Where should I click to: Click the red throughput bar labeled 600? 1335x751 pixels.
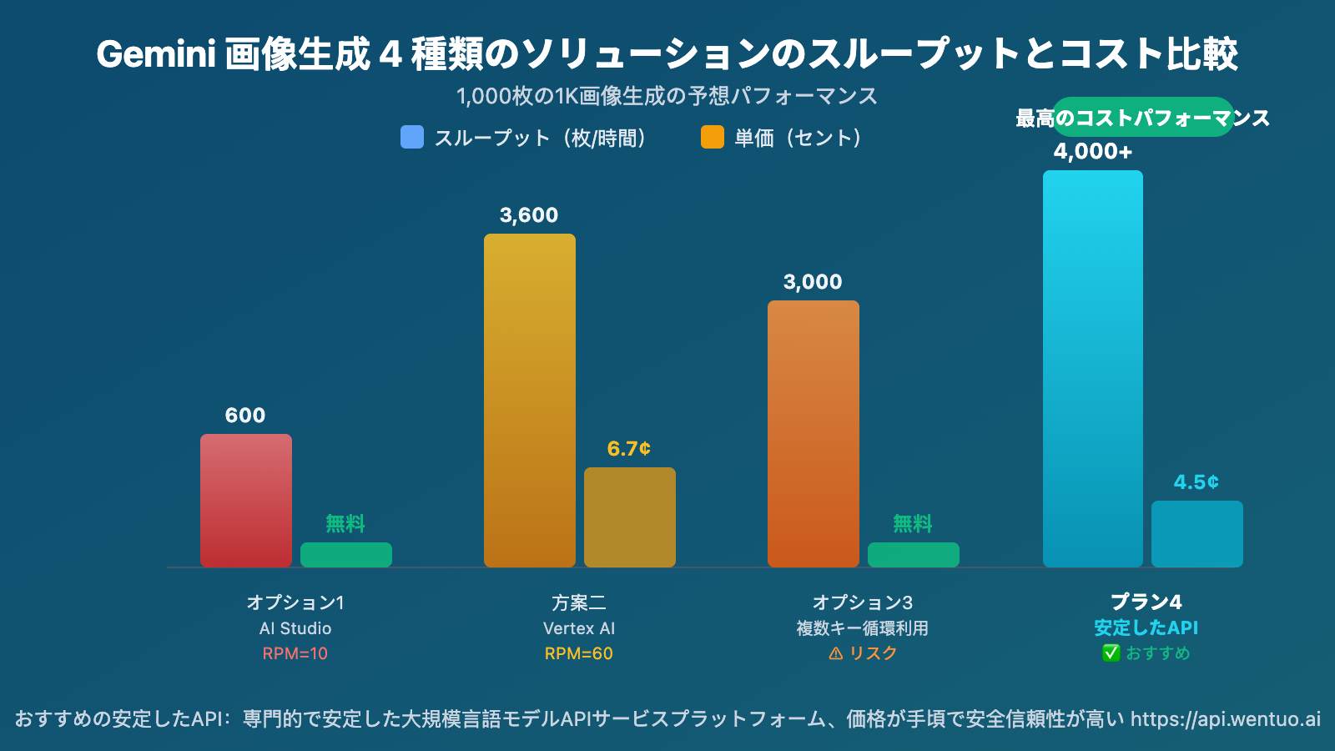click(246, 501)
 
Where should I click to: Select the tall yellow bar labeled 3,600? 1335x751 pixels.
click(530, 401)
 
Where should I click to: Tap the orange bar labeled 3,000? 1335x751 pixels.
click(814, 434)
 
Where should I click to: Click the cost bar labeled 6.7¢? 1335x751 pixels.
click(630, 517)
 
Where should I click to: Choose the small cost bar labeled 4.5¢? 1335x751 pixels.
click(1197, 534)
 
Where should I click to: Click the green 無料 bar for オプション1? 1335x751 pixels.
click(346, 555)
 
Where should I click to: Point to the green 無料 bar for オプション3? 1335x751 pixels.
click(914, 555)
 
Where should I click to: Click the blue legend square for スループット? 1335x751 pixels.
click(412, 137)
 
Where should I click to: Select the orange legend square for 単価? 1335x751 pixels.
click(713, 137)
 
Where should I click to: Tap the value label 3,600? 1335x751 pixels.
click(529, 215)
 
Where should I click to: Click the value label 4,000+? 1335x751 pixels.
click(1093, 152)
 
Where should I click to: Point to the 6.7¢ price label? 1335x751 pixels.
click(629, 449)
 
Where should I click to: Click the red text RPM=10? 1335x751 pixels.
click(295, 653)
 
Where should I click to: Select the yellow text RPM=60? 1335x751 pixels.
click(579, 653)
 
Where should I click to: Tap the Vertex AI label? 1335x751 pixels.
click(579, 628)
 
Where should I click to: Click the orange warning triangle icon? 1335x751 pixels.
click(835, 653)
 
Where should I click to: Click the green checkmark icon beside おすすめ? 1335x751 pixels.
click(1111, 653)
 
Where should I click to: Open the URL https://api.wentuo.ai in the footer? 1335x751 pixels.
click(1226, 719)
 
